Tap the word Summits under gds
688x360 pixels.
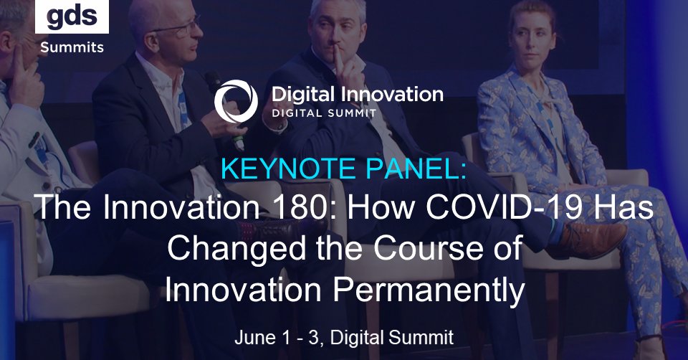click(72, 47)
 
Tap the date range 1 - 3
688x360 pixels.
click(303, 336)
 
